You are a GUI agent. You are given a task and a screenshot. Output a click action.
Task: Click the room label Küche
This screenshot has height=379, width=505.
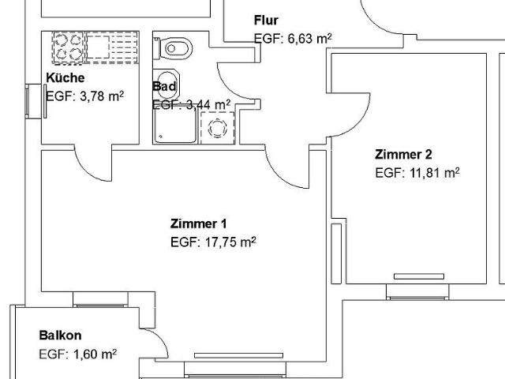(x=65, y=77)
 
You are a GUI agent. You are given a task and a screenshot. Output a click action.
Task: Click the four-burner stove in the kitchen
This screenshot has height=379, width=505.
(x=67, y=48)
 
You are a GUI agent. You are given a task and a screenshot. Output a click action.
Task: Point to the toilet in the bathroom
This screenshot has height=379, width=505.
(x=175, y=49)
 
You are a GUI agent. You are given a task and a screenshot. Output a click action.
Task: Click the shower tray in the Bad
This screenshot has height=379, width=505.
(x=174, y=126)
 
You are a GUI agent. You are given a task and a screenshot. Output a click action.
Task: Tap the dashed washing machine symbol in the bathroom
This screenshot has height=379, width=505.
(x=217, y=126)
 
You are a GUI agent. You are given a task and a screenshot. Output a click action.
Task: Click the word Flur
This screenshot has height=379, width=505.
(x=266, y=21)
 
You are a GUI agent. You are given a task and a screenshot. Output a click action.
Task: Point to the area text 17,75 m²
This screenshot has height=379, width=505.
(x=213, y=242)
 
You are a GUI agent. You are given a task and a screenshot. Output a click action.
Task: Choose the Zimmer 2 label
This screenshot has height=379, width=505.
(x=403, y=154)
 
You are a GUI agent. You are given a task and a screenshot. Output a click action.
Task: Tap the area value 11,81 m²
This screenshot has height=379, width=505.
(x=417, y=171)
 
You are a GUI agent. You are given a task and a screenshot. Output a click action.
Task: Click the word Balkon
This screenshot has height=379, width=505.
(x=60, y=336)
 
